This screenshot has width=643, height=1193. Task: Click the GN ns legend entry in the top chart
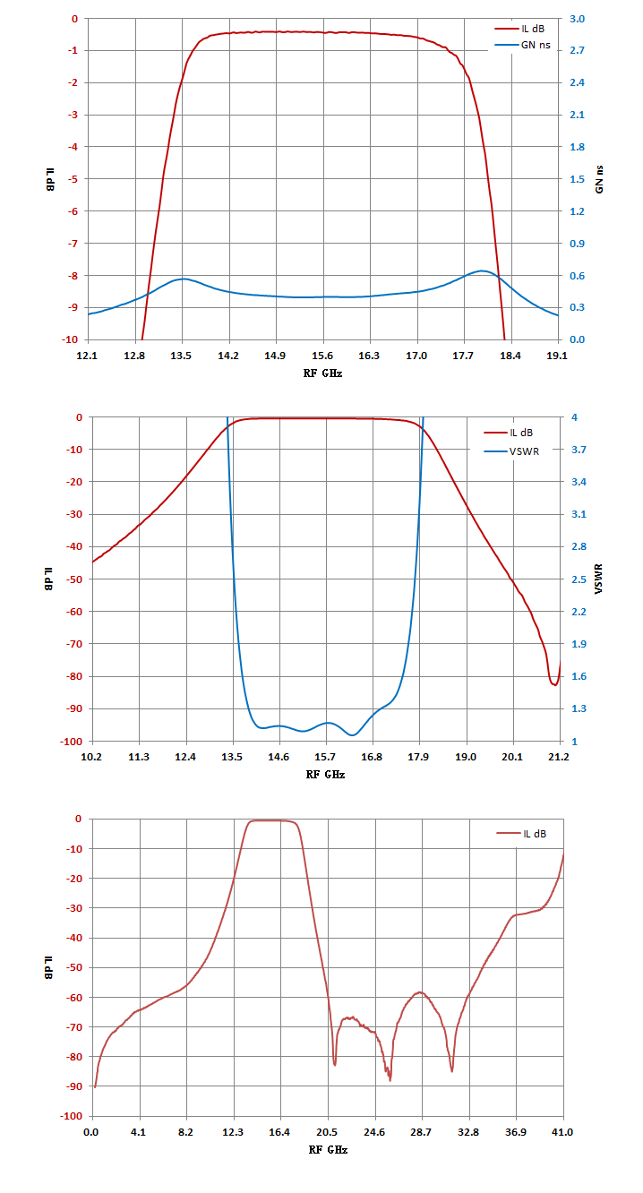point(523,45)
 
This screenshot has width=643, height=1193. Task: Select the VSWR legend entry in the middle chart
point(511,451)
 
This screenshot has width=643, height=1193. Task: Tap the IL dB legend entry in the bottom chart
point(521,834)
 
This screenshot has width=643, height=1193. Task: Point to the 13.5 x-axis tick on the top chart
point(181,356)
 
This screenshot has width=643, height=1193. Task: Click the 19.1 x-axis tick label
point(557,356)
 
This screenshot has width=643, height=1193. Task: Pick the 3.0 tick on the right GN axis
point(577,19)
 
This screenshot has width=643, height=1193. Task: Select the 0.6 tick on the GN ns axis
point(577,276)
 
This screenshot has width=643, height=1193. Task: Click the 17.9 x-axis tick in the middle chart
point(418,757)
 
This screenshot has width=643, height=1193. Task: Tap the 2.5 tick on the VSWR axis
point(579,579)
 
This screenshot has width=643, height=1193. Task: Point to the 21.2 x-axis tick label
point(558,757)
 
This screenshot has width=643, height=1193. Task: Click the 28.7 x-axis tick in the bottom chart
point(421,1132)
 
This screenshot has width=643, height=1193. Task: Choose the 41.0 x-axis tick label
point(562,1132)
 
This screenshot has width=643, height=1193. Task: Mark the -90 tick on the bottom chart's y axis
point(74,1086)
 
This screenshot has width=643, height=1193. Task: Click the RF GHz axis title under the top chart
point(322,373)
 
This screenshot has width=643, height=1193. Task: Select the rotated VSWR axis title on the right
point(598,579)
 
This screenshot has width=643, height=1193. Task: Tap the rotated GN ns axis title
point(599,179)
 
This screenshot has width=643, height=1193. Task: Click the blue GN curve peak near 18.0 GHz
point(482,270)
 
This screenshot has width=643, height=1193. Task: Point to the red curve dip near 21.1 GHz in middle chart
point(554,685)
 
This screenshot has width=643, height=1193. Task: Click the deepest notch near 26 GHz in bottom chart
point(390,1080)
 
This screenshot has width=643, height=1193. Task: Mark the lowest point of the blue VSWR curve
point(353,735)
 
